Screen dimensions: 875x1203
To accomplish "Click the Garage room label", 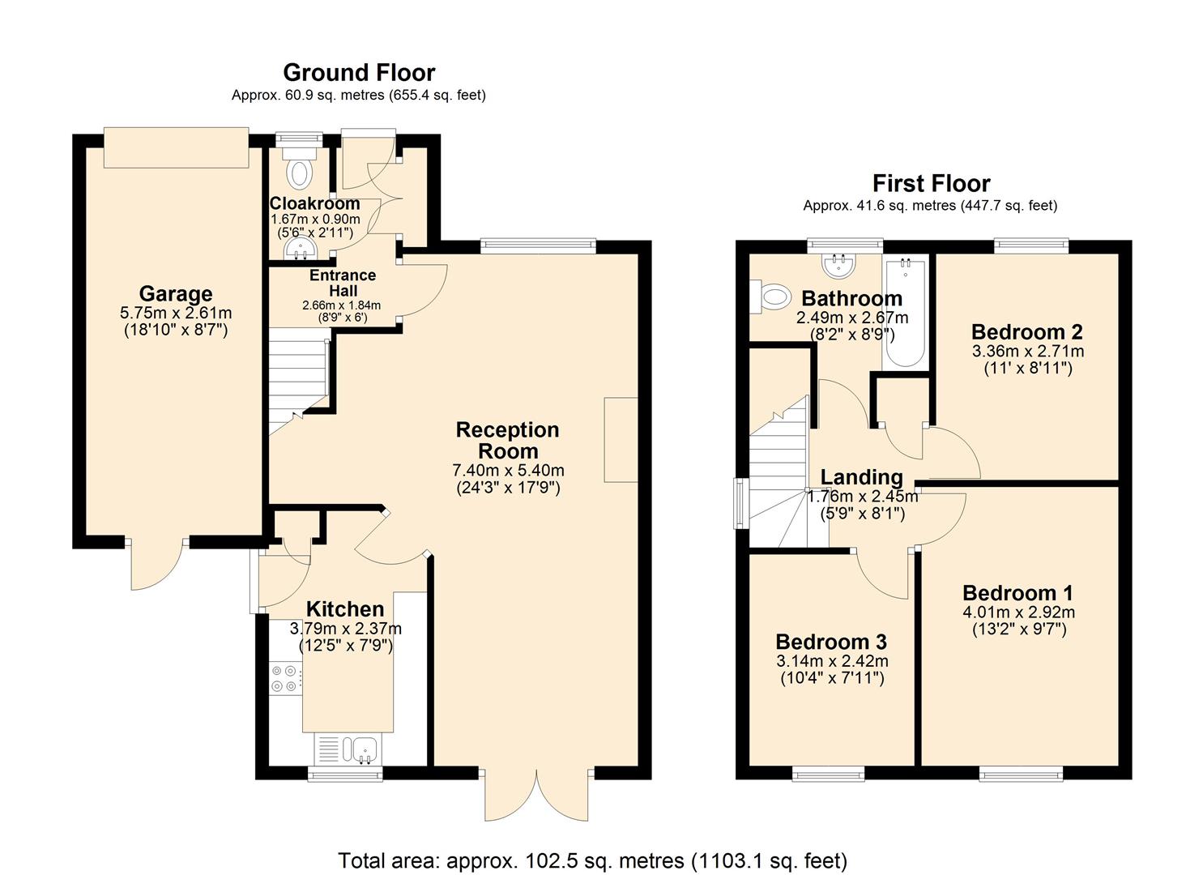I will click(176, 293).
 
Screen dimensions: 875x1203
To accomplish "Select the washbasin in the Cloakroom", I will click(301, 250).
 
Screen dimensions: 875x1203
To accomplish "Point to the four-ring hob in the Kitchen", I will click(284, 678).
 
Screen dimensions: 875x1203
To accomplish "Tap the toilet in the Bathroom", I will click(770, 297).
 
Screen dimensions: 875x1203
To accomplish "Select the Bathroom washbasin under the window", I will click(838, 264).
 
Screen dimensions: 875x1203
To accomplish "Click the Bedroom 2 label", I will click(1026, 332).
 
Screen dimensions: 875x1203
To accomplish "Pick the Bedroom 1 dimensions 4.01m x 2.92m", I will click(1018, 612).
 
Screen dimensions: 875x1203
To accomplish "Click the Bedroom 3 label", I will click(831, 642).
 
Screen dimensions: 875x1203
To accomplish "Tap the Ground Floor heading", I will click(359, 73).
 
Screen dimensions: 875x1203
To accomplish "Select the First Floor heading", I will click(931, 183).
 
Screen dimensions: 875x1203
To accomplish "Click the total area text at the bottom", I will click(592, 860).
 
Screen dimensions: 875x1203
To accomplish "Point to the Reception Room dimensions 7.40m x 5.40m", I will click(508, 471).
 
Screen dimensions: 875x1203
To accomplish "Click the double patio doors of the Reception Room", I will click(536, 794).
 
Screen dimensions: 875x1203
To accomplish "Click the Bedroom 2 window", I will click(1030, 245).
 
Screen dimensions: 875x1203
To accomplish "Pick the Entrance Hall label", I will click(342, 283).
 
